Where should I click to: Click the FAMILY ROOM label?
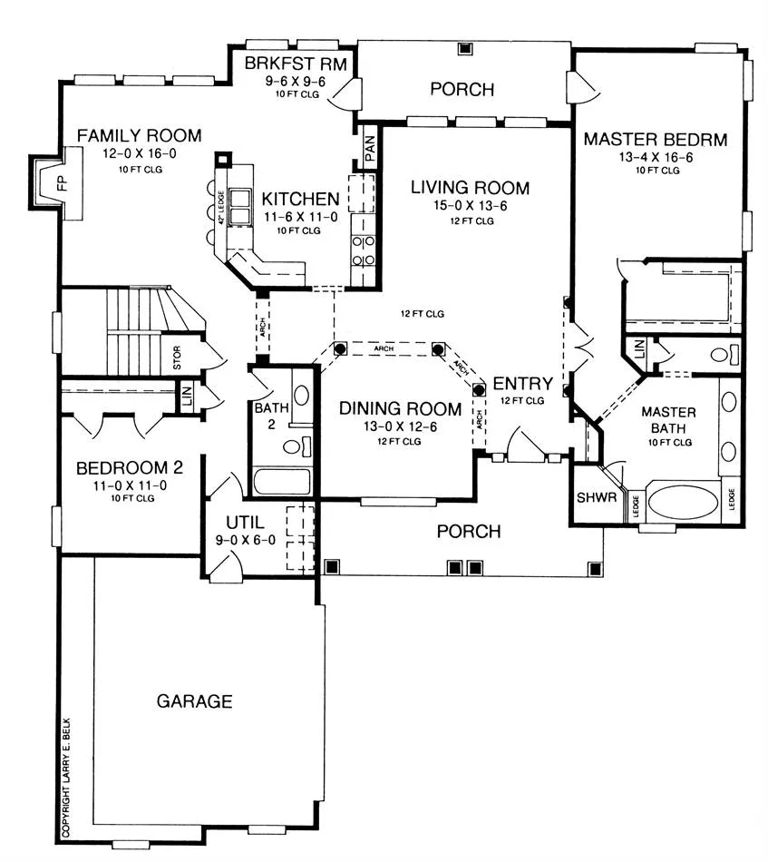(x=139, y=135)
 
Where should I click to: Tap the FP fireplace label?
(x=62, y=182)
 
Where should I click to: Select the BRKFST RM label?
(x=296, y=64)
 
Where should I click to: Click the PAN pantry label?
(x=370, y=149)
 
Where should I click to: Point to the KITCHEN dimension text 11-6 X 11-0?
(x=301, y=217)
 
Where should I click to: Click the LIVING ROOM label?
(x=471, y=188)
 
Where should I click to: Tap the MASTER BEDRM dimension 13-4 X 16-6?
(x=656, y=157)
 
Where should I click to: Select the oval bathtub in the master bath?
(x=683, y=502)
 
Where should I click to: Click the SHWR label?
(x=597, y=497)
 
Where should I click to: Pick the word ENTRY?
(x=523, y=383)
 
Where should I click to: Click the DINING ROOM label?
(x=401, y=408)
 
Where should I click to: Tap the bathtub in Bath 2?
(x=282, y=482)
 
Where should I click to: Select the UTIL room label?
(x=245, y=523)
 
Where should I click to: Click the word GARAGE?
(x=194, y=700)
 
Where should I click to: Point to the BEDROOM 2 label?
(x=130, y=468)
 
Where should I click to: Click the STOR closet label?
(x=177, y=358)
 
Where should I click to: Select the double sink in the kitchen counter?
(x=239, y=207)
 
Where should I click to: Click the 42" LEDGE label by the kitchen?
(x=221, y=207)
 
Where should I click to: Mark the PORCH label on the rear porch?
(x=462, y=89)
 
